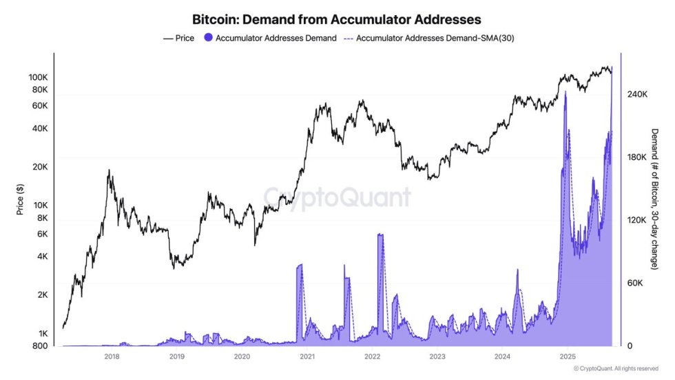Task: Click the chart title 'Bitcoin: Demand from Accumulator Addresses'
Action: [x=337, y=19]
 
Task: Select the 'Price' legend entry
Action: [x=180, y=39]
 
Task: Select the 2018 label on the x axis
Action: [x=112, y=357]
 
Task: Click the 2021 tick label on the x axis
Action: [x=307, y=357]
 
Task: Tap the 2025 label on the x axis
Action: [x=568, y=357]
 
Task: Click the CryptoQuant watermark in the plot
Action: [x=337, y=197]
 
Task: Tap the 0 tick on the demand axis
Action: [x=629, y=346]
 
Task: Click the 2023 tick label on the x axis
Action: [x=437, y=357]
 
